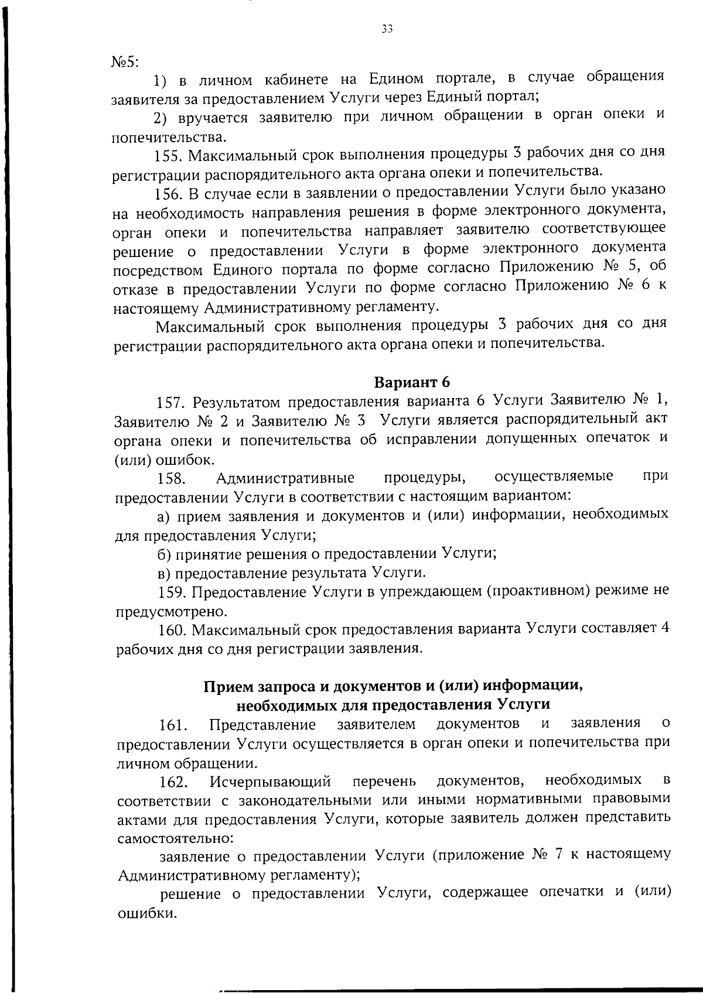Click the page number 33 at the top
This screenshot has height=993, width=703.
[x=386, y=28]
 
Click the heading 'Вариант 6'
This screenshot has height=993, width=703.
[x=412, y=382]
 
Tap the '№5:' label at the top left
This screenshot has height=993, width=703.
[x=124, y=62]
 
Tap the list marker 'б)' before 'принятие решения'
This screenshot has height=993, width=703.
[x=166, y=554]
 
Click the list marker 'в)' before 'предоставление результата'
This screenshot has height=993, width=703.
[x=166, y=573]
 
